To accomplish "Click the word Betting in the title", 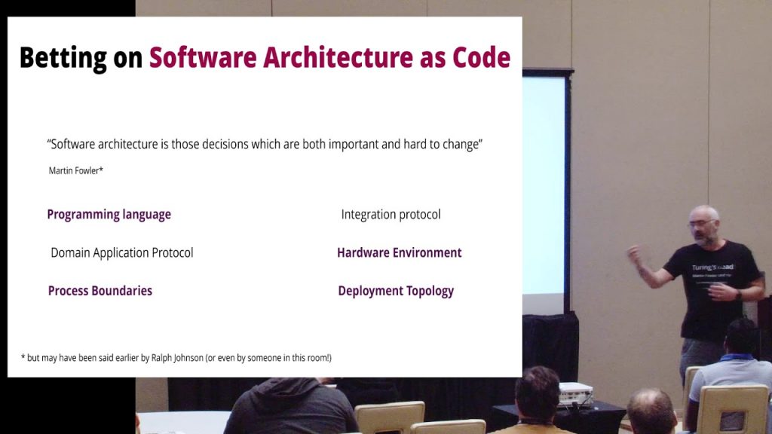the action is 63,59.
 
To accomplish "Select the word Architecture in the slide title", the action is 338,57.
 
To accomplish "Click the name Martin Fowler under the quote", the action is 74,171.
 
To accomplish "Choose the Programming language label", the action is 109,215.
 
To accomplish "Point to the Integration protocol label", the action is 391,215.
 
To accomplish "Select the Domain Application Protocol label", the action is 121,253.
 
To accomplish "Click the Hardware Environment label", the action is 400,253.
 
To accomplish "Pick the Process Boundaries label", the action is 100,291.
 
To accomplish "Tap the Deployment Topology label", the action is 396,292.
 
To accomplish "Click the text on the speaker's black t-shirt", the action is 712,271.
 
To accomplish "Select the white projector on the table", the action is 576,393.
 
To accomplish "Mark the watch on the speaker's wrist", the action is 739,295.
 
